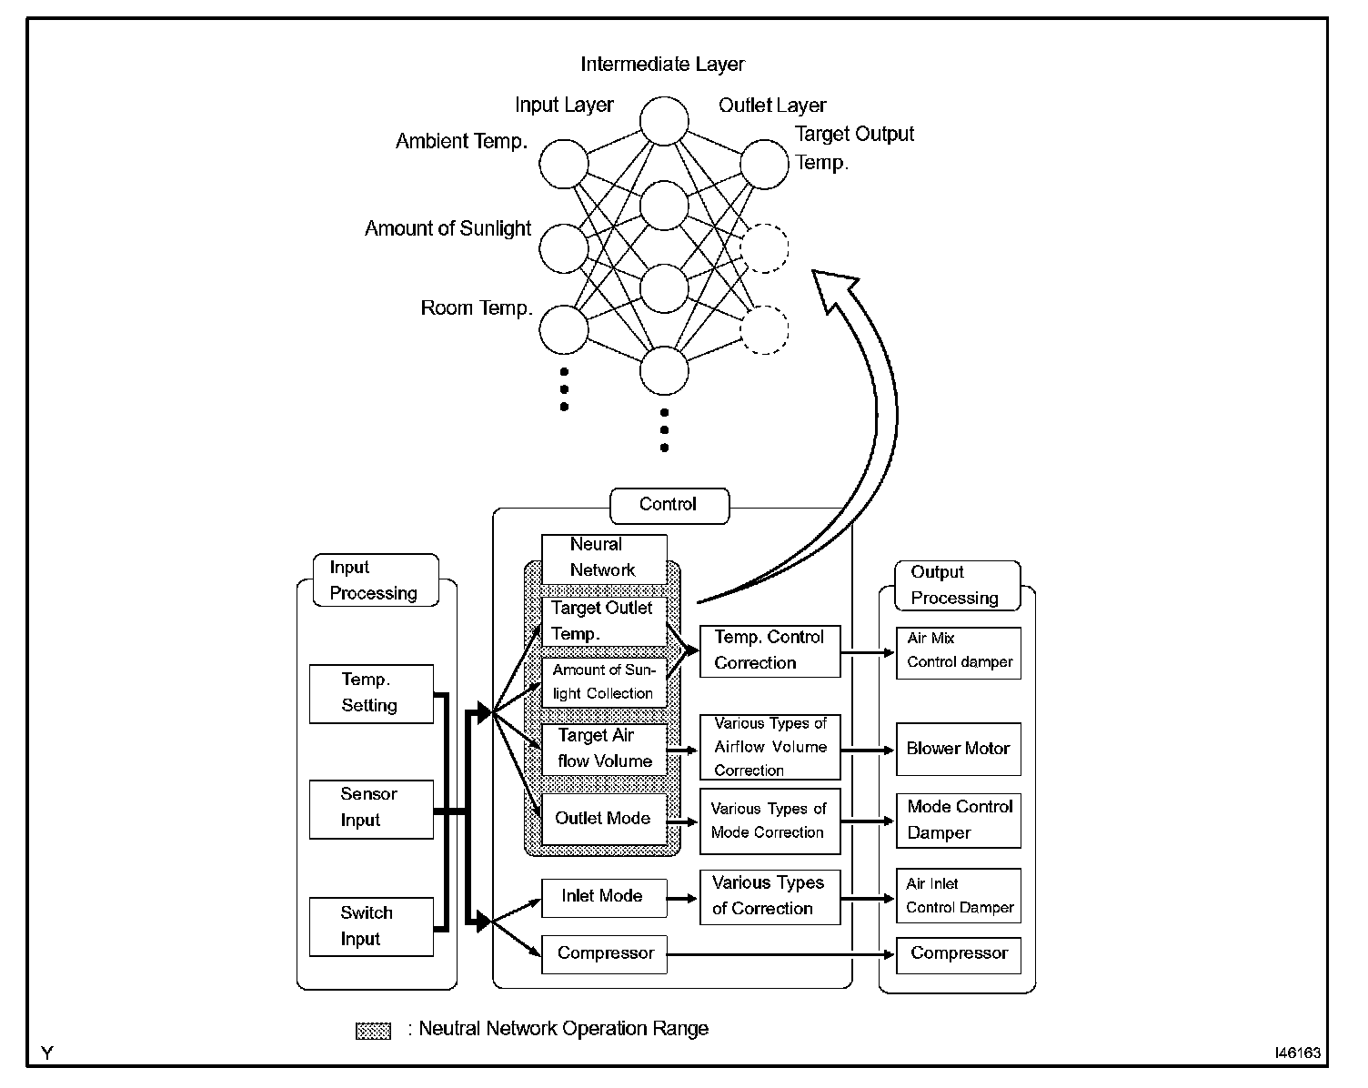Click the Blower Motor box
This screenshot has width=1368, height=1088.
958,749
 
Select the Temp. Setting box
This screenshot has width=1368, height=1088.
371,694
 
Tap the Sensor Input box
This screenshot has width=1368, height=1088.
371,809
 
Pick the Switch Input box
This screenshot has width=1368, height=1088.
371,926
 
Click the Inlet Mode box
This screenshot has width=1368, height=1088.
604,897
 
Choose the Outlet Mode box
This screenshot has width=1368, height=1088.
604,819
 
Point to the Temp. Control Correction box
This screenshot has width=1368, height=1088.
769,650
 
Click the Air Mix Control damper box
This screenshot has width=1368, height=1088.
958,652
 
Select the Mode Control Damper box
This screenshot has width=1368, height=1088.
958,820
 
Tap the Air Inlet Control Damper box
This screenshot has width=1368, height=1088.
958,895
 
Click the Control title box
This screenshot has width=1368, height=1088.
669,506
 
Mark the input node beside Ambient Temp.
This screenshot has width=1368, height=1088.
563,164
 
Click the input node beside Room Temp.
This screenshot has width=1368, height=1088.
563,329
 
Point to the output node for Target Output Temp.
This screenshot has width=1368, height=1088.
764,164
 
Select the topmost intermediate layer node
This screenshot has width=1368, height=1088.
664,121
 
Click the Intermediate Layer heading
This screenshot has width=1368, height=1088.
662,64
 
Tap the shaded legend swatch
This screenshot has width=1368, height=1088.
373,1030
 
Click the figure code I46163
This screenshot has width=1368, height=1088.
1297,1053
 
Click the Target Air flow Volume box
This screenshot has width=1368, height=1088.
604,749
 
